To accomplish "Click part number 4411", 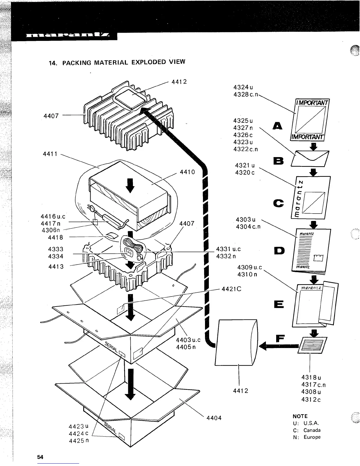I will tap(51, 154).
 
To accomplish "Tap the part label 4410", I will tap(187, 172).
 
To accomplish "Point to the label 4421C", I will tap(231, 289).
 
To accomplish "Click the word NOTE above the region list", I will tap(300, 416).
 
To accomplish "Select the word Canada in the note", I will tap(312, 430).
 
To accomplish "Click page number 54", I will tap(40, 457).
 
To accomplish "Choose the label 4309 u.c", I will tap(249, 268).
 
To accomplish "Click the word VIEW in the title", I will tap(177, 62).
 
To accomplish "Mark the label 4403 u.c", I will tap(188, 340).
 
